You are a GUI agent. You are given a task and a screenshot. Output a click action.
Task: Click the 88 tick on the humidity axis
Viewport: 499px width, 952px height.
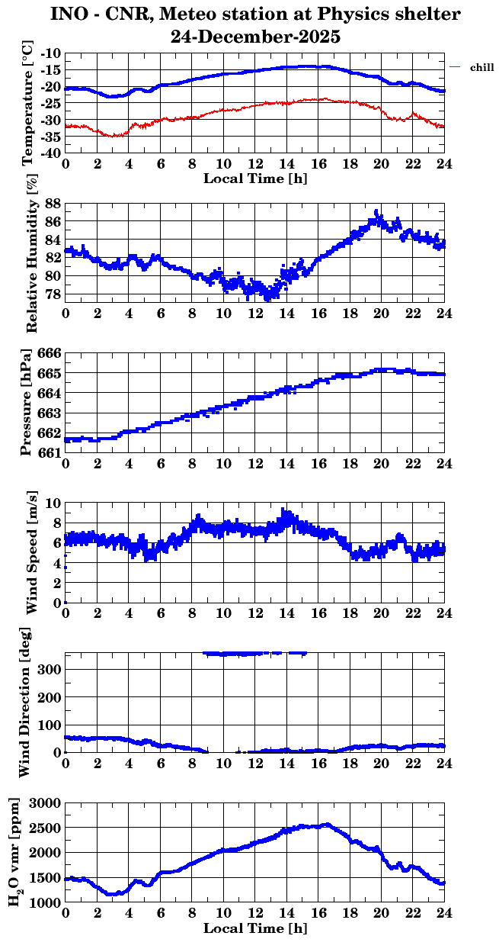coord(53,204)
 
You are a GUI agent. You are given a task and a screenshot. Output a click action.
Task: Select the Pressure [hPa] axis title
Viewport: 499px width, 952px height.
coord(27,403)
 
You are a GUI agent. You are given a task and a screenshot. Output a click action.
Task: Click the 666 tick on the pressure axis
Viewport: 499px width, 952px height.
coord(50,354)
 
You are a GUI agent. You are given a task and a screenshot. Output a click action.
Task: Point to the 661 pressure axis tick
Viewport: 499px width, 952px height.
coord(50,452)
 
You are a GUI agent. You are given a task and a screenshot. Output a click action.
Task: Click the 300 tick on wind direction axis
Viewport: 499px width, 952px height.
coord(52,669)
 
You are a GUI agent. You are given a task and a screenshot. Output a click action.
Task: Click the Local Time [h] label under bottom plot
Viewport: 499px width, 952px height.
coord(255,928)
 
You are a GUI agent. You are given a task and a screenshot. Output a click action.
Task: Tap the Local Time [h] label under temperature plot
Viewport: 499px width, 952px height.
coord(255,178)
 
